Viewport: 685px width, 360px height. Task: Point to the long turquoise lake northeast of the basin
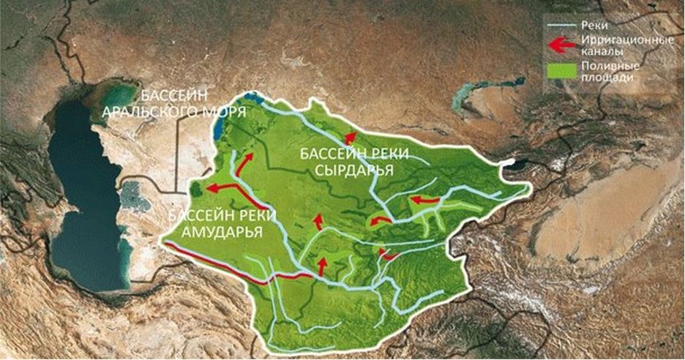[x=483, y=96]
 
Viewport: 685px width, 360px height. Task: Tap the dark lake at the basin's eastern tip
[x=512, y=164]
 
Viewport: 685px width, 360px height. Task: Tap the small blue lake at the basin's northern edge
[x=252, y=97]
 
